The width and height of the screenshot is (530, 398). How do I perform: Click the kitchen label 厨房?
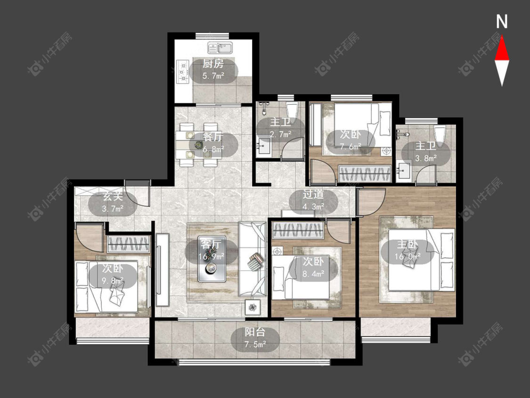pos(213,64)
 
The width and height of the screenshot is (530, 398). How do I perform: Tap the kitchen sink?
pos(220,48)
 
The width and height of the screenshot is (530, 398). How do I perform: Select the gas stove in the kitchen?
pos(182,71)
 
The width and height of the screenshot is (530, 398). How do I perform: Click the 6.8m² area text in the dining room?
pos(213,149)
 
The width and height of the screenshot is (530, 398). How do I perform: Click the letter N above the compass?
pos(502,22)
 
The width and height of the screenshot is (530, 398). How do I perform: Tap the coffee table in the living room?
pos(212,259)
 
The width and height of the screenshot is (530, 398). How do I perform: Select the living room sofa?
pos(253,259)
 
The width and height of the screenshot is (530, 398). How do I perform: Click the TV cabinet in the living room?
pos(163,270)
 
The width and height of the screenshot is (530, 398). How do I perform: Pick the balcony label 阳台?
pos(255,332)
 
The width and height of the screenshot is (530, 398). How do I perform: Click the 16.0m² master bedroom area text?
pos(408,256)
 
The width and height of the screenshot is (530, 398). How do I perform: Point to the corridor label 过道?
pos(313,194)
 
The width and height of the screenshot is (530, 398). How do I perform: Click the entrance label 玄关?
pos(113,197)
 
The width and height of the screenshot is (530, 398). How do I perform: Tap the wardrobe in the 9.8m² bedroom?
pos(129,244)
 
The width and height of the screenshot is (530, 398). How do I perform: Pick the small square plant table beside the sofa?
pos(253,307)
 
